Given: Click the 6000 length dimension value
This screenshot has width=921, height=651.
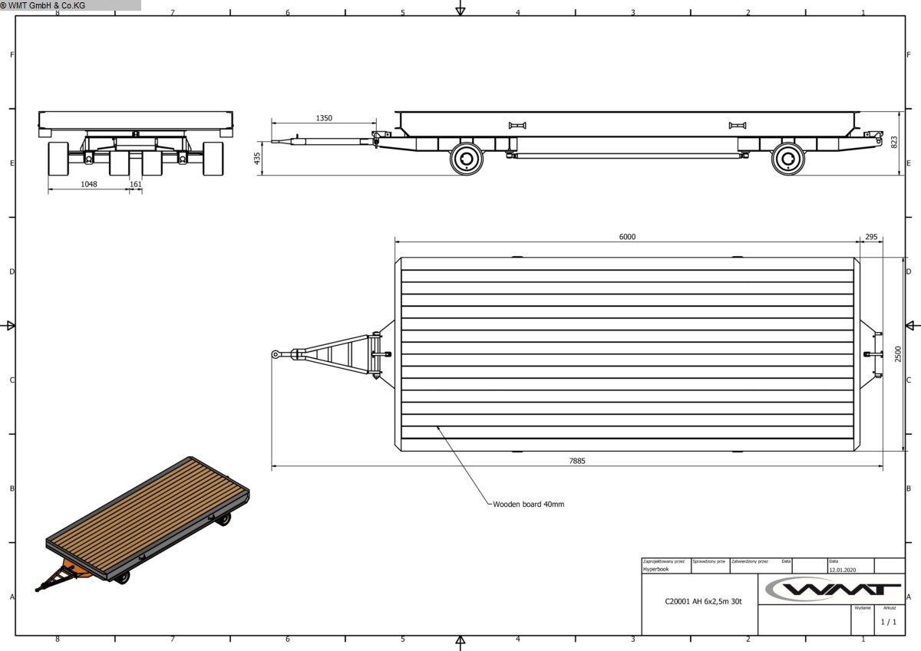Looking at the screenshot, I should [627, 237].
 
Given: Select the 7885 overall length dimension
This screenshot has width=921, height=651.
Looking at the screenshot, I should [576, 461].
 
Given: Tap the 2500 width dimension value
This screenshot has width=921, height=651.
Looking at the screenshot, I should [898, 353].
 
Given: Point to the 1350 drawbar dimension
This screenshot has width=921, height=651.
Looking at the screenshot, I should [324, 118].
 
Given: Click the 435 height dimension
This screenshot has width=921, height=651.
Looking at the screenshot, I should [257, 159].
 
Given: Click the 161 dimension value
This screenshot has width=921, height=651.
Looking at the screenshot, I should [136, 185].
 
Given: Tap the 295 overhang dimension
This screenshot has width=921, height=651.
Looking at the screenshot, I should [870, 237].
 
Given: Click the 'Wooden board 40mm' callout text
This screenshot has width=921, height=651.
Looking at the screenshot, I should [528, 505].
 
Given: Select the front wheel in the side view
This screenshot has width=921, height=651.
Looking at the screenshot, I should [465, 158].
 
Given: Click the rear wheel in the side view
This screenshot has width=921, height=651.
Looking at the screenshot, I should [787, 158].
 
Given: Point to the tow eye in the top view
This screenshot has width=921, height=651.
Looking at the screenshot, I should [276, 353].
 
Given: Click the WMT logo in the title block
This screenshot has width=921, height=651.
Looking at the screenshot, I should [831, 589].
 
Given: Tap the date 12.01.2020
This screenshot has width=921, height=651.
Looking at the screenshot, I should [843, 570].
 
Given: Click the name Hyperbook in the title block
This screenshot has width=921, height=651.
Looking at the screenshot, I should [655, 570].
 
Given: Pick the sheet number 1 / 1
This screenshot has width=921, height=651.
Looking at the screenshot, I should [888, 622].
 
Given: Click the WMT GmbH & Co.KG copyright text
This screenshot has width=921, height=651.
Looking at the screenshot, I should [43, 5].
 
